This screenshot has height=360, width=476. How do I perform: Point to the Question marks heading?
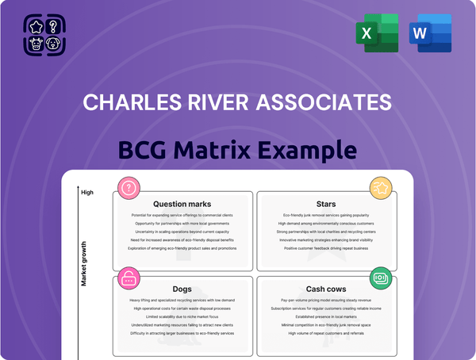[182, 204]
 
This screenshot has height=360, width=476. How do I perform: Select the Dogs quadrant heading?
[182, 289]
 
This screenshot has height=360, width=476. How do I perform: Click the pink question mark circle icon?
[128, 189]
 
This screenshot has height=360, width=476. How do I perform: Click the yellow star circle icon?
[380, 189]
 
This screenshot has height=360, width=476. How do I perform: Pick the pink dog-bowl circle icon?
[128, 278]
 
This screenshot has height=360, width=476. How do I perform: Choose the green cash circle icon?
[380, 278]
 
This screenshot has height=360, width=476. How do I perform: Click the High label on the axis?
[87, 192]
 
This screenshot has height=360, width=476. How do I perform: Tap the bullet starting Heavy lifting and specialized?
[182, 301]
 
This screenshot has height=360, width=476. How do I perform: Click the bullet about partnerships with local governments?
[182, 224]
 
